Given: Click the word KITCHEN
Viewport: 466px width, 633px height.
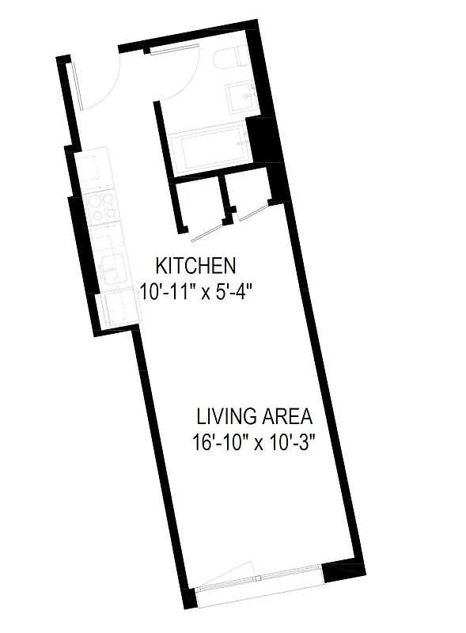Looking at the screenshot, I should [x=195, y=264].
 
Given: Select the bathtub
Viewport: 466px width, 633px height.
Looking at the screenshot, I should [x=207, y=153].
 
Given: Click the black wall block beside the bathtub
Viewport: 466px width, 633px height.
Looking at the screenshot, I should [x=260, y=139].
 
